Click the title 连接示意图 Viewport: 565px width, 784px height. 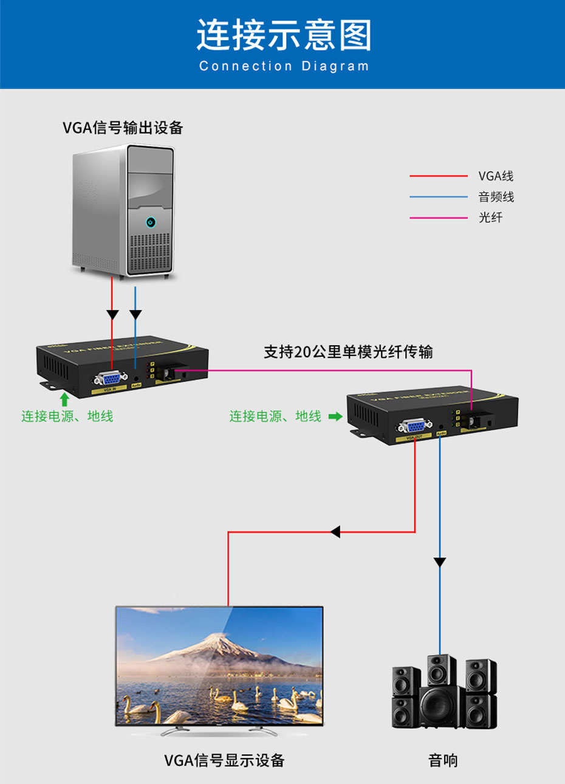click(x=283, y=35)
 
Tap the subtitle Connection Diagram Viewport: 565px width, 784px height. click(x=283, y=66)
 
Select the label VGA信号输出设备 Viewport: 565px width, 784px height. click(x=123, y=128)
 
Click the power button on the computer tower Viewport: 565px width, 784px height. click(x=151, y=222)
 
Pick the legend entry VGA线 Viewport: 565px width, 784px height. click(x=496, y=176)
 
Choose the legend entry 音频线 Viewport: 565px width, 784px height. click(x=496, y=197)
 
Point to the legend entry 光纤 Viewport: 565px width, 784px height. click(x=490, y=218)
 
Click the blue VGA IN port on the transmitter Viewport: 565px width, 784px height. click(x=110, y=379)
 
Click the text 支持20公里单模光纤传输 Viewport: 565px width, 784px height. click(x=348, y=352)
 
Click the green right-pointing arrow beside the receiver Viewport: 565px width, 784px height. click(x=335, y=416)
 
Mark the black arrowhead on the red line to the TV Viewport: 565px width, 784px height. click(x=335, y=532)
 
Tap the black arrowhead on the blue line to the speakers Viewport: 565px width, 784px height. click(x=439, y=562)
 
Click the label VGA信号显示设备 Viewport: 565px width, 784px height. click(x=224, y=760)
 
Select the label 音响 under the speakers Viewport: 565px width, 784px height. click(x=443, y=760)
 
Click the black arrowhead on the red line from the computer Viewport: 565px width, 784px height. click(x=112, y=315)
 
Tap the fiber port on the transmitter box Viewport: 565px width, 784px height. click(x=168, y=374)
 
